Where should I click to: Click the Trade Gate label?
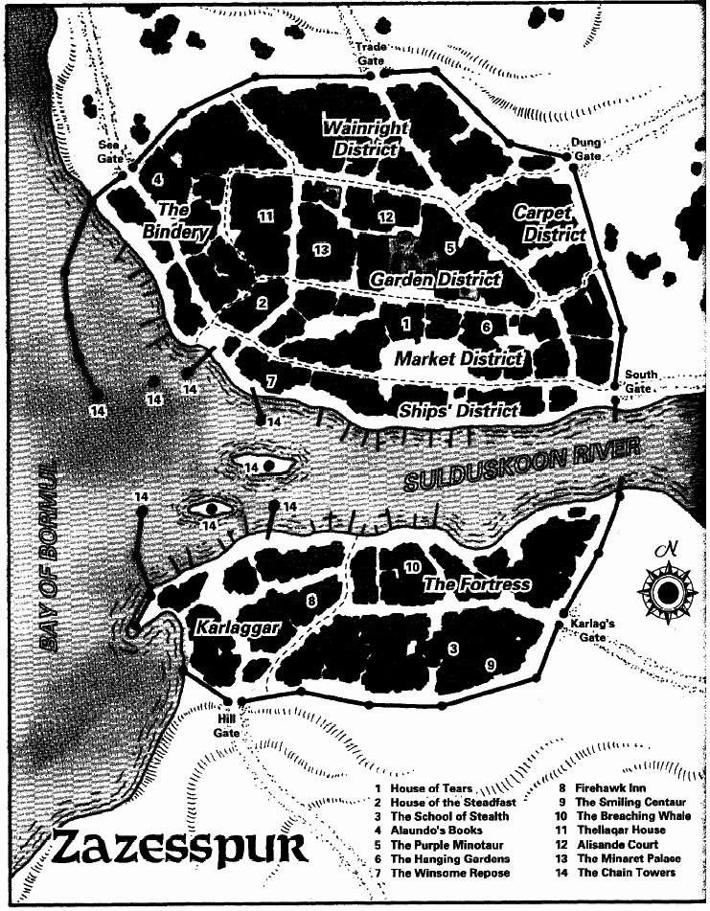tap(371, 53)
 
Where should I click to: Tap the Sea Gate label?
tap(111, 149)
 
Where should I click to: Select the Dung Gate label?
tap(585, 148)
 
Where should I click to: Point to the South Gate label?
tap(640, 380)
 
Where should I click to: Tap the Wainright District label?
tap(366, 138)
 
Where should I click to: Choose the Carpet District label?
tap(547, 222)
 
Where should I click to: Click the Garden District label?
tap(435, 280)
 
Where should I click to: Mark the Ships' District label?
tap(459, 411)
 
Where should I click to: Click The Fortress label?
tap(476, 583)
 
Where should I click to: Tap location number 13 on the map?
tap(321, 249)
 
